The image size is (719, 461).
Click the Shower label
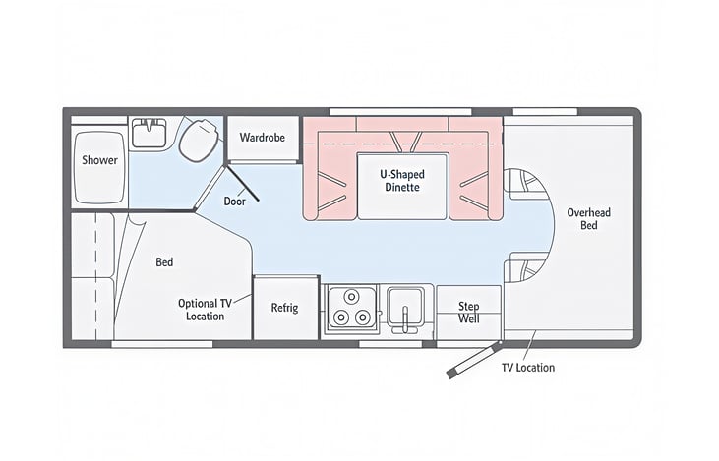pos(99,160)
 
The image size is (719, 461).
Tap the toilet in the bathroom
pos(199,140)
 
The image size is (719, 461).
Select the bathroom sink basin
pos(150,133)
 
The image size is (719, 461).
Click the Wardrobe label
pos(263,138)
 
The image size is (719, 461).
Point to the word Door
pos(235,202)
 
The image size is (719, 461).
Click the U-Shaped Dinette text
pos(402,181)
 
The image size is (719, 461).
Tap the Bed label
pos(164,262)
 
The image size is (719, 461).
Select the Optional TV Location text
pos(205,310)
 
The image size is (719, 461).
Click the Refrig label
pos(284,308)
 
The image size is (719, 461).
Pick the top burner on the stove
pos(351,297)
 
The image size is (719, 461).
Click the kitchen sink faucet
pos(405,318)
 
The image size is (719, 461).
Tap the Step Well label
pos(469,312)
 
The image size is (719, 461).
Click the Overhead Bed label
pos(589,218)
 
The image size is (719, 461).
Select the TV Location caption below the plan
pos(528,368)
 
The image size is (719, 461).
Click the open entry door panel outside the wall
pos(473,360)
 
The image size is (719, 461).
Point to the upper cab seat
pos(527,184)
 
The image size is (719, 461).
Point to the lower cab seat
pos(526,267)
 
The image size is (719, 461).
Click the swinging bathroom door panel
pos(242,183)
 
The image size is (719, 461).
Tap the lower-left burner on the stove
pos(340,317)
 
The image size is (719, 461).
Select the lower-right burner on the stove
pos(362,317)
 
